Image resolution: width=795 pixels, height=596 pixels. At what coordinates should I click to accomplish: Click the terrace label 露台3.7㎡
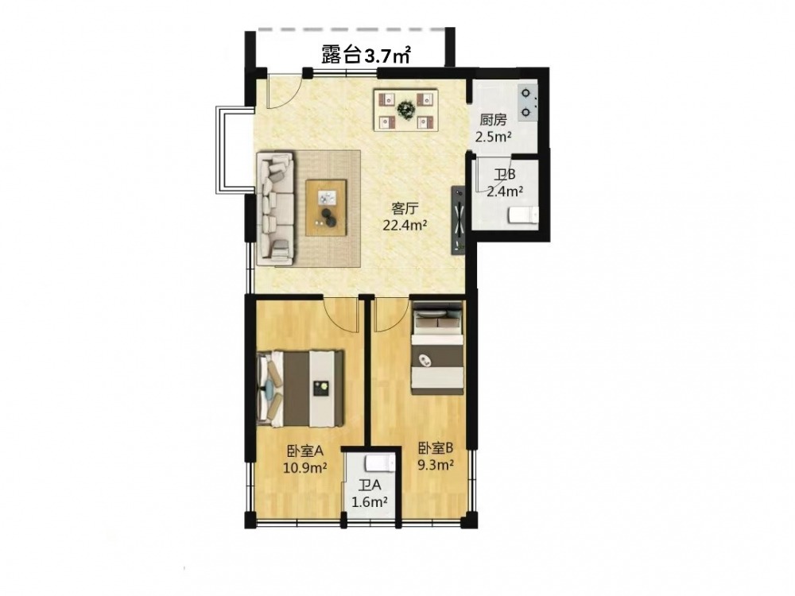click(366, 54)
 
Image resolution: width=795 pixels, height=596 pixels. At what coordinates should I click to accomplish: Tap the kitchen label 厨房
click(494, 120)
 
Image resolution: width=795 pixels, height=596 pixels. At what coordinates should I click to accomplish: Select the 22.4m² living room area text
click(405, 225)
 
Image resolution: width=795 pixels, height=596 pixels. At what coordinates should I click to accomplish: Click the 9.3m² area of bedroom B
click(435, 464)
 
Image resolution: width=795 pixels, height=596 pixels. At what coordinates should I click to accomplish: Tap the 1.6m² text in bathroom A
click(370, 501)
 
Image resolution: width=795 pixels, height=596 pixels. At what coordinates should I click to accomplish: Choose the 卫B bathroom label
click(505, 175)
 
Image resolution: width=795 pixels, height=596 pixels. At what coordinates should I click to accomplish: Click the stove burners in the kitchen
click(527, 102)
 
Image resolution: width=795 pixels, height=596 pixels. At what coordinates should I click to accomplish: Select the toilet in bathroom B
click(523, 215)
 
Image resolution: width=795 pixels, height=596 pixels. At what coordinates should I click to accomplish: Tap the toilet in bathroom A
click(379, 462)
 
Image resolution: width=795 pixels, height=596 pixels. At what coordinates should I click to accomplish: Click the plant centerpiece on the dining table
click(405, 109)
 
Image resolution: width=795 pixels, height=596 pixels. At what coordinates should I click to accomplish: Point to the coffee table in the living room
click(327, 207)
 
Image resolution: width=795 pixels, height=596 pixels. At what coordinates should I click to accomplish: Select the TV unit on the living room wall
click(459, 220)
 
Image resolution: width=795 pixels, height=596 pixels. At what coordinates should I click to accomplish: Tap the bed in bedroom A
click(301, 389)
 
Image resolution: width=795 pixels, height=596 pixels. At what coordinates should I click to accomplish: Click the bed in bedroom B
click(437, 348)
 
